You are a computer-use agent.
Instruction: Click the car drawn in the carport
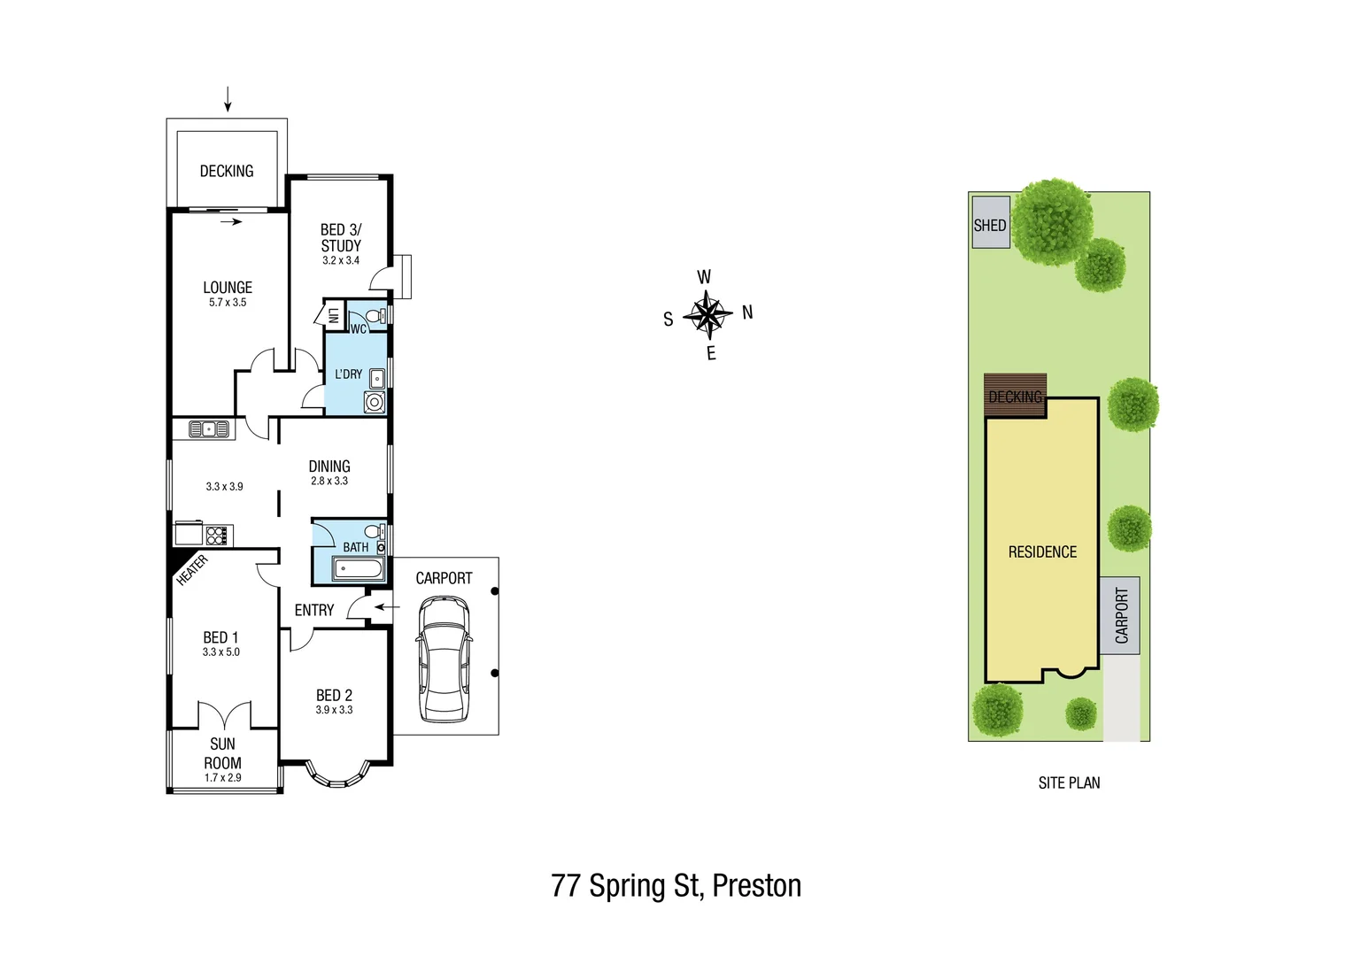[445, 659]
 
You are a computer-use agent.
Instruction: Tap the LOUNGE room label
[228, 288]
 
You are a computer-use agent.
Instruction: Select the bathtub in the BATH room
[360, 569]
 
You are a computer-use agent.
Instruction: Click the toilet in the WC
[375, 315]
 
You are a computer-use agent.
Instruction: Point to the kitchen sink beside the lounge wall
[209, 429]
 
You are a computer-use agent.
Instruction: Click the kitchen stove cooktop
[217, 535]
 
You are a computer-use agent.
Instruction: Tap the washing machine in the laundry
[375, 403]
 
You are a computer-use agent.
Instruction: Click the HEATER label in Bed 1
[191, 569]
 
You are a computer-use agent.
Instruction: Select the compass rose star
[707, 315]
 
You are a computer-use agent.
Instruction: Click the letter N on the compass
[747, 312]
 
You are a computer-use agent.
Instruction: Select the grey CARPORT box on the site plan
[1120, 615]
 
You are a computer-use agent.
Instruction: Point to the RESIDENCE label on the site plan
[1042, 552]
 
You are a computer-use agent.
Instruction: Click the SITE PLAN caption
[1069, 783]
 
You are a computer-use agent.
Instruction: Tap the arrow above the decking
[228, 99]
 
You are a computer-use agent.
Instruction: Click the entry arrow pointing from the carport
[386, 607]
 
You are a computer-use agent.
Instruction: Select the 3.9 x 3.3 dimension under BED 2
[334, 710]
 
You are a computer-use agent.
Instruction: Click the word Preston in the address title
[756, 886]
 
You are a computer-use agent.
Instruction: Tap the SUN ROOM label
[222, 753]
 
